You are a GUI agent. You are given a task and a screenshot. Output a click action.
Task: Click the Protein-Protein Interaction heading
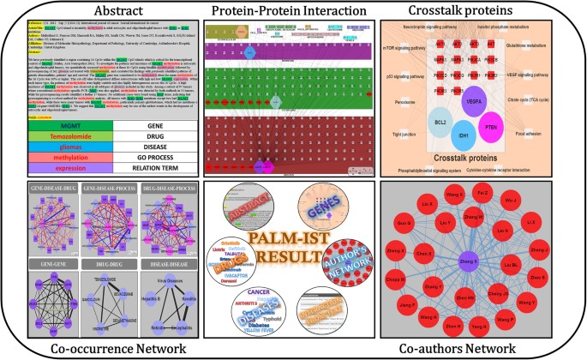[293, 12]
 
